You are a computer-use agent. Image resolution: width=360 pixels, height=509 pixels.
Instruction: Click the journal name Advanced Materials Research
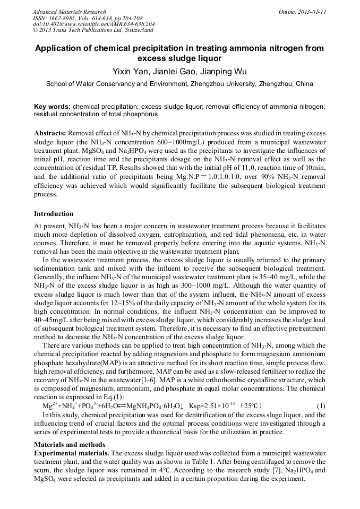coord(69,12)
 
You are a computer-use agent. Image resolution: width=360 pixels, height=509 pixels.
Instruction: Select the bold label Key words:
coord(52,107)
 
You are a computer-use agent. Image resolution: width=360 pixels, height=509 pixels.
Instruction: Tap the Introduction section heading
coord(54,214)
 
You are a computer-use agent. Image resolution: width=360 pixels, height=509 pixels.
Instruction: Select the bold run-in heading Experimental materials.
coord(72,453)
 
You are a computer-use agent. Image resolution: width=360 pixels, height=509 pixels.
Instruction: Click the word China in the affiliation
coord(304,84)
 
